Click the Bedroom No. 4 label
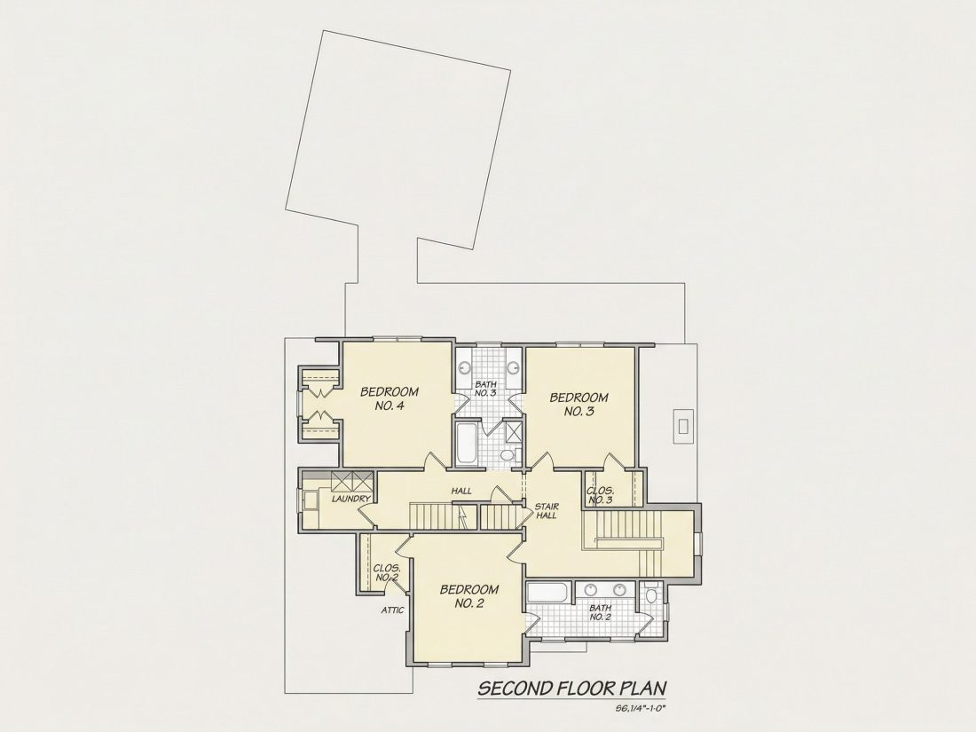click(390, 399)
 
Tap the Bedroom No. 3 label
click(579, 405)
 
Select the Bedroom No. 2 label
click(469, 596)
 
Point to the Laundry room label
click(351, 499)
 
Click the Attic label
click(392, 610)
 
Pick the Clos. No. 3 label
click(601, 495)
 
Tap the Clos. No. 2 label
click(387, 572)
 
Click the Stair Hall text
click(546, 511)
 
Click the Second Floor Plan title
click(572, 689)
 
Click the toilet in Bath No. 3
click(508, 455)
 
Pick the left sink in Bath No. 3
click(465, 366)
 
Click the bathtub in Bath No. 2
click(548, 594)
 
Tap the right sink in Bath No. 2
click(620, 590)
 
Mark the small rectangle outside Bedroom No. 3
click(683, 427)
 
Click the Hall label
click(461, 491)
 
